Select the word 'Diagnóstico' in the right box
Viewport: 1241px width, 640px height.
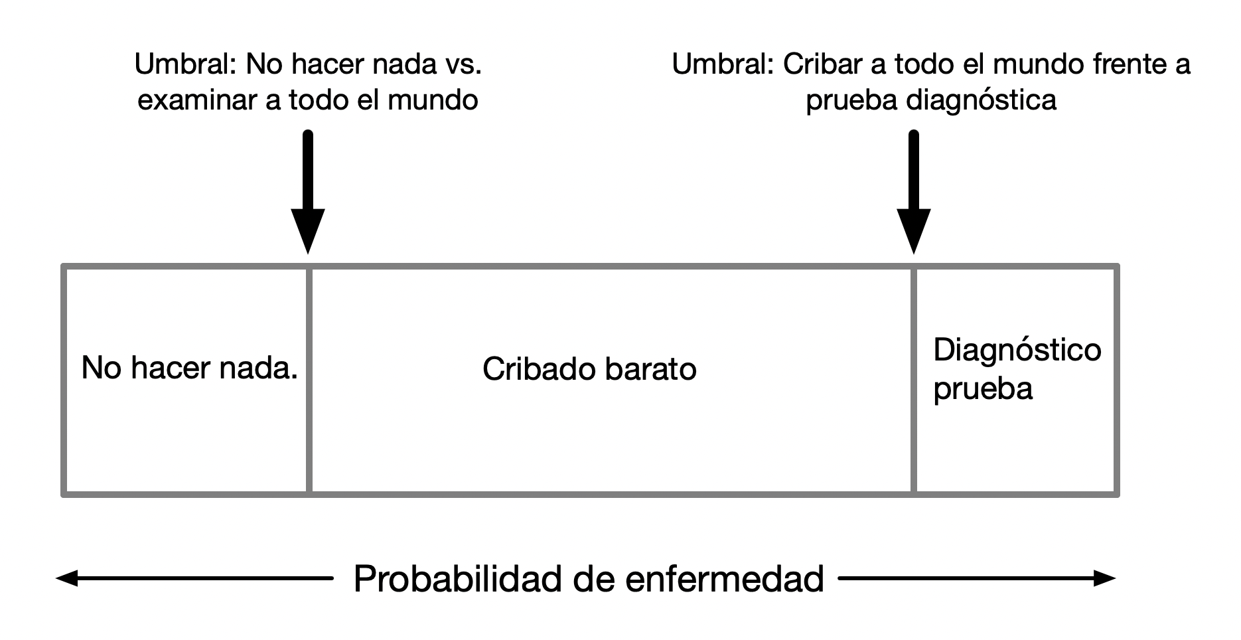pyautogui.click(x=1017, y=350)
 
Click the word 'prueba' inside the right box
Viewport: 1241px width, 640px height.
pyautogui.click(x=983, y=388)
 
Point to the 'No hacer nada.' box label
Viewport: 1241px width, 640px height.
pyautogui.click(x=189, y=367)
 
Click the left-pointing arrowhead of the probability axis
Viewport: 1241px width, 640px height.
pyautogui.click(x=66, y=579)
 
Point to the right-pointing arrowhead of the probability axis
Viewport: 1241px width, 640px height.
pyautogui.click(x=1105, y=579)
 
